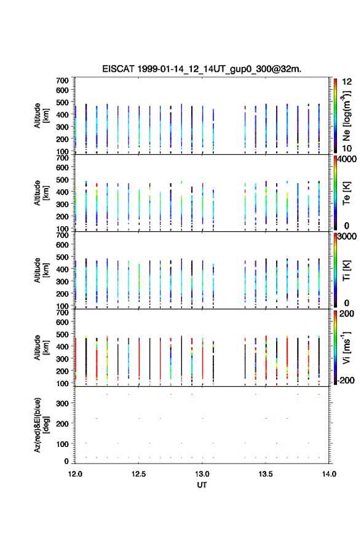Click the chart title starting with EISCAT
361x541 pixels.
click(202, 69)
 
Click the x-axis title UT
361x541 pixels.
click(202, 485)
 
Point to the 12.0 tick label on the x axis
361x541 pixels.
click(75, 474)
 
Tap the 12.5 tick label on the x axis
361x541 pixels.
click(138, 474)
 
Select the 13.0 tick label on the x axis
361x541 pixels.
click(202, 474)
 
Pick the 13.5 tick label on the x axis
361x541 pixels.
click(266, 474)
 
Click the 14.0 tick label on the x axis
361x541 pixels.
click(329, 474)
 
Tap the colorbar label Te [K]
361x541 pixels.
click(346, 193)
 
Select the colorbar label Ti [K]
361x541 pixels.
click(346, 270)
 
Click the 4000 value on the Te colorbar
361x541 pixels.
click(347, 159)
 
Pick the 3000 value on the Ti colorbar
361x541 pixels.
click(347, 237)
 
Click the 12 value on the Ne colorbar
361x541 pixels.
click(347, 82)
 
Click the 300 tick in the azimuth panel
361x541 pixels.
click(63, 403)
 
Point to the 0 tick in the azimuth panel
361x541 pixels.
click(66, 461)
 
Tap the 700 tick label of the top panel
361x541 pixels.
click(63, 81)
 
